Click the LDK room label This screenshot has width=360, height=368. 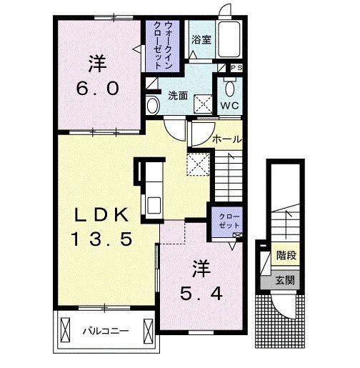point(101,215)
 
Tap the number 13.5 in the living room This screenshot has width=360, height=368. point(101,239)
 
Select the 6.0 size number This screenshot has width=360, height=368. point(98,89)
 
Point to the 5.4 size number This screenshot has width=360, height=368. point(201,294)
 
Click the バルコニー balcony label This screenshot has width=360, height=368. point(106,331)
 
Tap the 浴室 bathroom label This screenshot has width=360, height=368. point(201,39)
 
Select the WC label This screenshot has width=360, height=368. point(229,106)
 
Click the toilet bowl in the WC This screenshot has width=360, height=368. point(230,88)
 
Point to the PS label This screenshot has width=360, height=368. point(237,68)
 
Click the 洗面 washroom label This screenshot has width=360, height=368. point(178,96)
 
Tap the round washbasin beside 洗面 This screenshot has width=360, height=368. point(153,106)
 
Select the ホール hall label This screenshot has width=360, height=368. point(227,139)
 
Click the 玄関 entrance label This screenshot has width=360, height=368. point(285,280)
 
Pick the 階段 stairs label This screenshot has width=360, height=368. point(286,255)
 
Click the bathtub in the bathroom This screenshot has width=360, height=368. point(229,39)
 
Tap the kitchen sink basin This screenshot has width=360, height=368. point(154,205)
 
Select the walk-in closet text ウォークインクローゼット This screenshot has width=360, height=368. point(163,45)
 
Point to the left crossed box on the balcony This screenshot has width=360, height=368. point(66,330)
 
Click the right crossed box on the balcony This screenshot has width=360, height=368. point(148,332)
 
